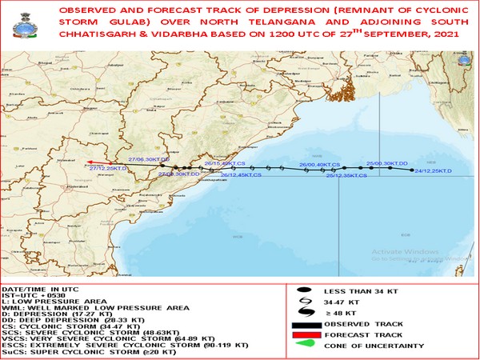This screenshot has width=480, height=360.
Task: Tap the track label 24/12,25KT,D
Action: click(430, 170)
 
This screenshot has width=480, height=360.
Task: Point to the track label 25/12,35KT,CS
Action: click(346, 174)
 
